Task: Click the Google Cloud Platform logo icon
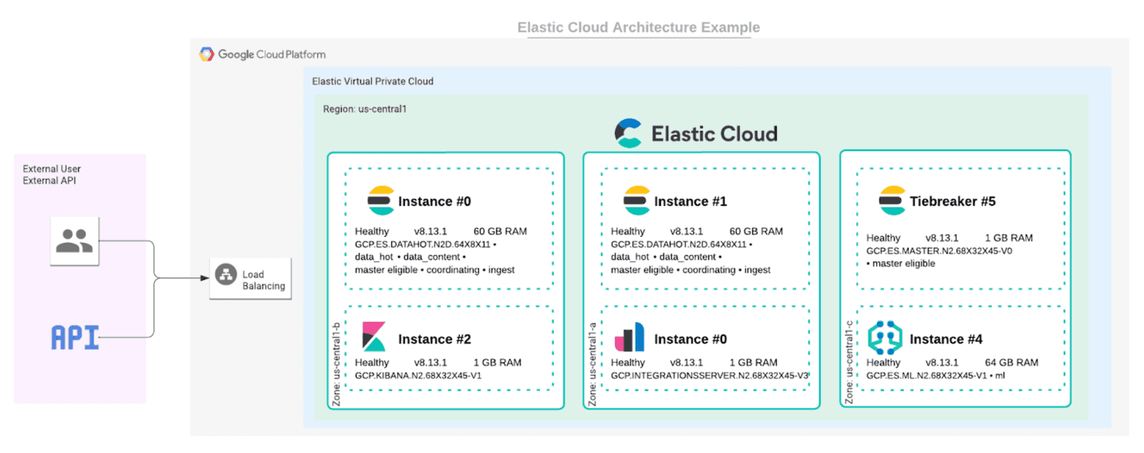(207, 54)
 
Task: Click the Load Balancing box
(250, 279)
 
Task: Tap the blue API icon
(75, 338)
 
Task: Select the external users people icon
(75, 240)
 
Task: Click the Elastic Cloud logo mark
(628, 133)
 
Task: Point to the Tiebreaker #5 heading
(953, 201)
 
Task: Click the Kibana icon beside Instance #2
(374, 338)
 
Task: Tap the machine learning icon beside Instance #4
(885, 338)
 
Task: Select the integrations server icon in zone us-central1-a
(629, 338)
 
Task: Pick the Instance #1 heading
(690, 201)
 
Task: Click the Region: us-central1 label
(365, 108)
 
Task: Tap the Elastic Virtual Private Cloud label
(373, 81)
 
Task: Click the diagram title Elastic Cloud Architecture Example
(639, 27)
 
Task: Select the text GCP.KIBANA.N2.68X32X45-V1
(418, 375)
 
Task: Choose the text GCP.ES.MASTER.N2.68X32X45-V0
(939, 250)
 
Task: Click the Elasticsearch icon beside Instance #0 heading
(381, 200)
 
